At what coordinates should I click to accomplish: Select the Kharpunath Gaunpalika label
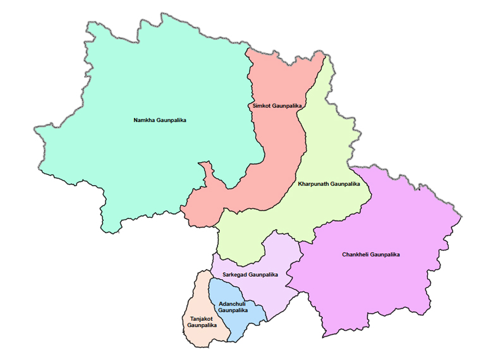tap(328, 184)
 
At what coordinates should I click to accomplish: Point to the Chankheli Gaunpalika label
tap(372, 255)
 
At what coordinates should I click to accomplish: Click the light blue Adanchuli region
tap(237, 325)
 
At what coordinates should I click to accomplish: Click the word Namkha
tap(144, 120)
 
